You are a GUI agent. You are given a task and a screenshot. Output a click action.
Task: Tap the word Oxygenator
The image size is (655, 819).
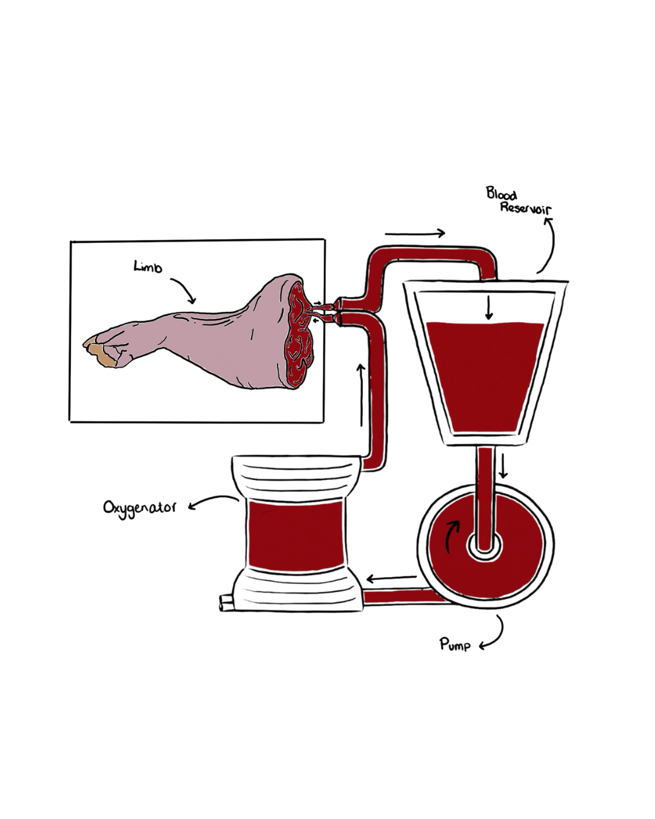(x=139, y=507)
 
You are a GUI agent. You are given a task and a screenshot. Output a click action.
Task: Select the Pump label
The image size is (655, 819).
(x=455, y=644)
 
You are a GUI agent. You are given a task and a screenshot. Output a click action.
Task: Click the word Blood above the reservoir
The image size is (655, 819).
(x=501, y=194)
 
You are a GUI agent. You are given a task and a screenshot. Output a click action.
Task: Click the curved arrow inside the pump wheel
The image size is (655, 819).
(x=450, y=534)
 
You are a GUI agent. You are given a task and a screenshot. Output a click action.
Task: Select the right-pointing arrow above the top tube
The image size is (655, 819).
(x=415, y=233)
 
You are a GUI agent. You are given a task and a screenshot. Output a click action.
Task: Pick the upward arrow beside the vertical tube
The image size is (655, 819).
(x=361, y=394)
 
